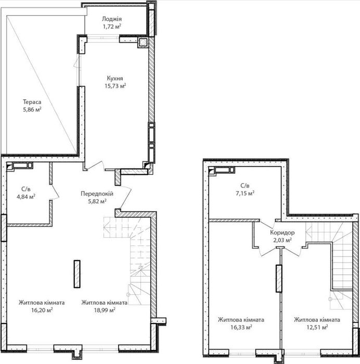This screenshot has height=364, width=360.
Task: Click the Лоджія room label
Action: click(x=112, y=19)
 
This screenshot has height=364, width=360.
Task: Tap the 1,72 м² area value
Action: click(x=112, y=27)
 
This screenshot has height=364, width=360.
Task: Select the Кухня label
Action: click(x=115, y=78)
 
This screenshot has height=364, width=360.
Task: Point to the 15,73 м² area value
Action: click(x=115, y=86)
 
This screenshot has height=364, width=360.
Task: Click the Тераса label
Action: click(x=32, y=102)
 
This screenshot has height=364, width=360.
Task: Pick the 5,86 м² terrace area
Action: click(x=32, y=109)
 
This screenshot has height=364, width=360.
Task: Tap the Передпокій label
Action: click(x=97, y=193)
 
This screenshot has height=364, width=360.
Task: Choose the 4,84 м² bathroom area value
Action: click(x=26, y=197)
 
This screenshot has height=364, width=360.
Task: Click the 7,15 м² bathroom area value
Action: click(x=245, y=193)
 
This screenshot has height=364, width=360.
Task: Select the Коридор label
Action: click(x=282, y=232)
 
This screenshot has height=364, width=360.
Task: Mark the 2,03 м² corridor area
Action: click(x=282, y=240)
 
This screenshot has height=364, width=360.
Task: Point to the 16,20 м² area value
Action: click(x=42, y=310)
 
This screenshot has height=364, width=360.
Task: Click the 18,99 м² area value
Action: click(x=105, y=310)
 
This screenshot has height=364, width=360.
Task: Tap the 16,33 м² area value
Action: click(x=241, y=327)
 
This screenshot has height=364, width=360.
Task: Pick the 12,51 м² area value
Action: click(x=317, y=327)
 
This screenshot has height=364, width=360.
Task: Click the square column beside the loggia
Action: click(x=143, y=42)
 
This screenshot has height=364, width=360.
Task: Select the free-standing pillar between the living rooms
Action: click(x=77, y=274)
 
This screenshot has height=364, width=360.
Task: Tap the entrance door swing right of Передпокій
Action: click(x=124, y=197)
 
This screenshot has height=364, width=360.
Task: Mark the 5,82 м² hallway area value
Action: click(x=97, y=201)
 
